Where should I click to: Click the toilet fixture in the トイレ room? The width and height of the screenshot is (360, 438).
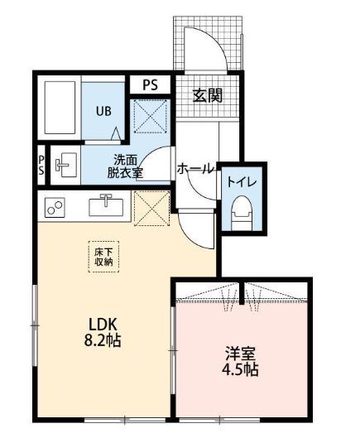click(242, 213)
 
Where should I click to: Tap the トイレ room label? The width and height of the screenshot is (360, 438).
click(242, 182)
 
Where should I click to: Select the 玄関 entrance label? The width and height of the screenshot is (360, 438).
click(208, 95)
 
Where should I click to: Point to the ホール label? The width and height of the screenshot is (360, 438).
click(195, 169)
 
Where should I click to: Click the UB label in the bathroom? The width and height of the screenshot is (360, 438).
click(103, 111)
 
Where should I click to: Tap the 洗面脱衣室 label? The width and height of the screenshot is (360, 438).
click(125, 166)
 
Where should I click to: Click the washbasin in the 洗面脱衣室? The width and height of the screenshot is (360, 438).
click(66, 165)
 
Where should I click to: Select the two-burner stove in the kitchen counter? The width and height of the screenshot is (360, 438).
click(55, 208)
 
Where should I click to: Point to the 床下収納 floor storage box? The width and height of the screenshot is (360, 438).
click(103, 257)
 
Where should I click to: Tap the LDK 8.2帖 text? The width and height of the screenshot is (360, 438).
click(103, 332)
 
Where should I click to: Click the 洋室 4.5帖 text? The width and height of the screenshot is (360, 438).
click(240, 362)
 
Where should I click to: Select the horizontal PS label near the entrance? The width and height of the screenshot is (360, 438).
click(151, 85)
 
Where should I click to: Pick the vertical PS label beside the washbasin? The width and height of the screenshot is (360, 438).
click(41, 165)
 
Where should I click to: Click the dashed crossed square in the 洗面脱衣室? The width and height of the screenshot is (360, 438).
click(151, 116)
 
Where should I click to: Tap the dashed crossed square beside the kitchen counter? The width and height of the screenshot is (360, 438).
click(151, 208)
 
